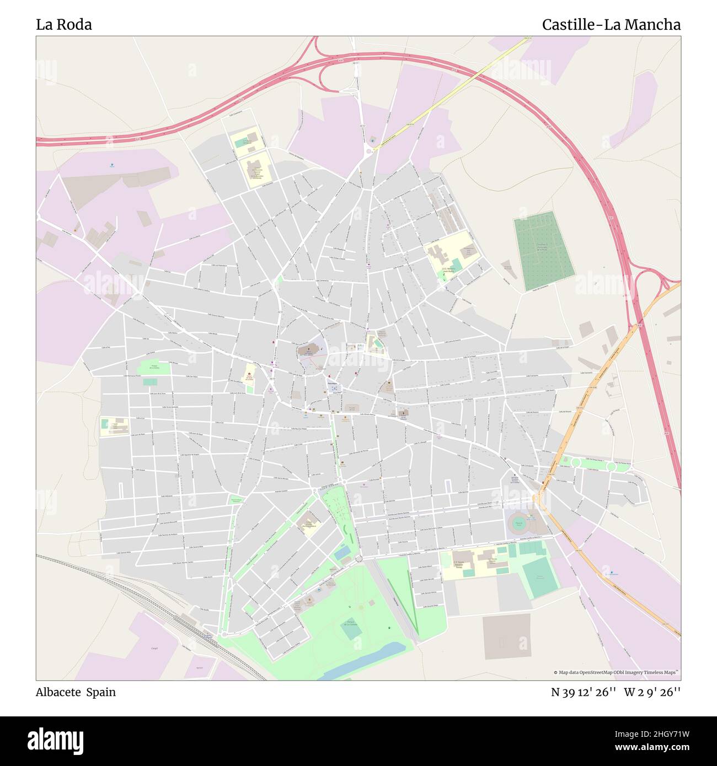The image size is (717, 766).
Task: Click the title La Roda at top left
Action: click(64, 25)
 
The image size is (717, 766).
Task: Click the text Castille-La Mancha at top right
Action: click(611, 25)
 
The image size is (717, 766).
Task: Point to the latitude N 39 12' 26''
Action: click(584, 692)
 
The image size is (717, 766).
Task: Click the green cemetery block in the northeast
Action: click(544, 250)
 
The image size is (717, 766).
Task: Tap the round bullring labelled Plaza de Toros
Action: click(518, 522)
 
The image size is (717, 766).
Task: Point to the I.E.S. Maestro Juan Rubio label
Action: click(451, 270)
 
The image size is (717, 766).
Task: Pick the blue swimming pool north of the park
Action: click(342, 551)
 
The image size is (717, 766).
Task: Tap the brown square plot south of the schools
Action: click(506, 636)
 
